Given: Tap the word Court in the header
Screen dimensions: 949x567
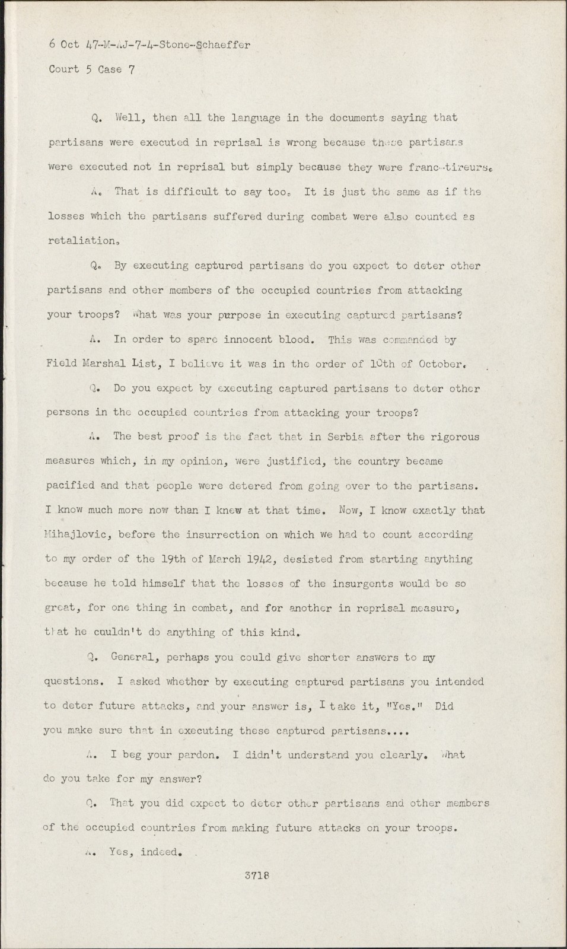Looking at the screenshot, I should [63, 69].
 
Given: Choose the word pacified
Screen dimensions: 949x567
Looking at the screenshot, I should [70, 485].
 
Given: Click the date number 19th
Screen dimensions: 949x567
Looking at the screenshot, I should [174, 559].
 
